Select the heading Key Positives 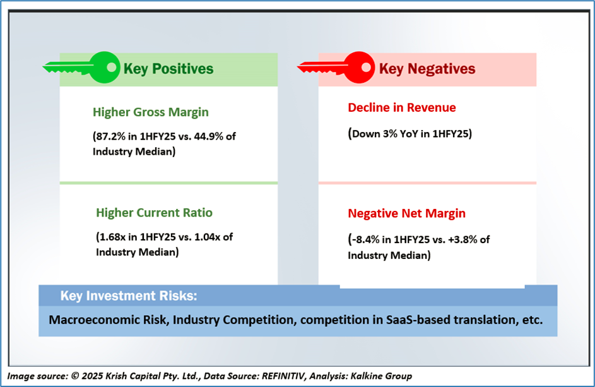click(168, 69)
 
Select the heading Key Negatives click(427, 69)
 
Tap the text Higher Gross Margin click(150, 112)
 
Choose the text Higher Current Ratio click(155, 213)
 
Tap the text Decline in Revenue click(401, 108)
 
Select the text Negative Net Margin click(406, 213)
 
